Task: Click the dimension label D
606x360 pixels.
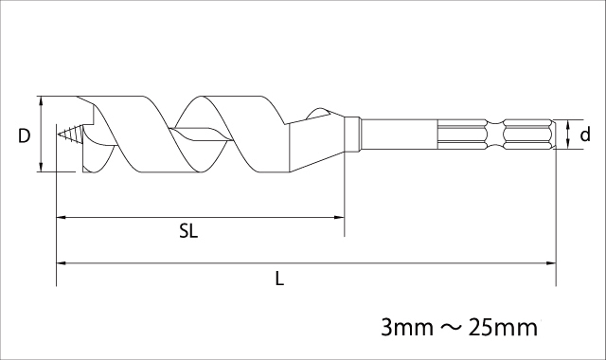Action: pos(24,136)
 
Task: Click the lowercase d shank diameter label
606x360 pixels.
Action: pos(585,135)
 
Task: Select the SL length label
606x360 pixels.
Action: pos(188,231)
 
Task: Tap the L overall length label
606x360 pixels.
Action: pos(279,279)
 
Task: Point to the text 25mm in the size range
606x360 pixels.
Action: pos(503,328)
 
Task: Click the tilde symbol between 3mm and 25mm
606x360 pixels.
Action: pos(451,328)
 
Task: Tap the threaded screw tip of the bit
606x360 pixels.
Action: pos(70,135)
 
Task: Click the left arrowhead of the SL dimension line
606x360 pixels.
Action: pos(62,218)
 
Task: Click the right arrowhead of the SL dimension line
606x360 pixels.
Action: pos(339,218)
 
